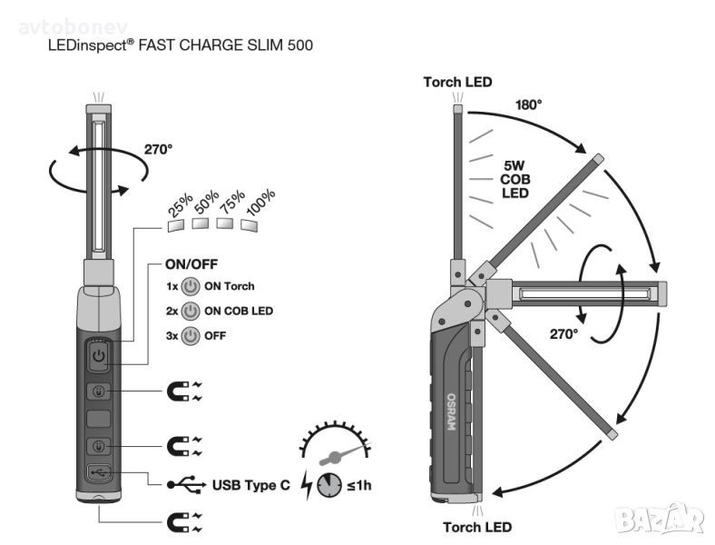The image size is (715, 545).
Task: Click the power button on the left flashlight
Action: pyautogui.click(x=99, y=355)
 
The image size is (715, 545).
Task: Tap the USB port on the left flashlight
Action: pyautogui.click(x=99, y=472)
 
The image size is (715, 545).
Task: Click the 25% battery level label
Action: pyautogui.click(x=180, y=210)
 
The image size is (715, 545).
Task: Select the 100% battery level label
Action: pyautogui.click(x=260, y=204)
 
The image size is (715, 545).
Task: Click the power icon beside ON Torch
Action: pyautogui.click(x=190, y=287)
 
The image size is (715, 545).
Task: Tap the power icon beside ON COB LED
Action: pyautogui.click(x=190, y=312)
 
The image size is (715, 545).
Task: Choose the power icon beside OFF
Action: pyautogui.click(x=190, y=336)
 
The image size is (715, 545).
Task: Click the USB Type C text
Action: pyautogui.click(x=250, y=485)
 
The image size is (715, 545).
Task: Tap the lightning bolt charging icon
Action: pyautogui.click(x=307, y=485)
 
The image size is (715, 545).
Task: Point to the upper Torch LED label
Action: pyautogui.click(x=457, y=83)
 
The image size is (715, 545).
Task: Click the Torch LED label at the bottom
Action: pyautogui.click(x=477, y=527)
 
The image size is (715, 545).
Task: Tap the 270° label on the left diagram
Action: pyautogui.click(x=158, y=149)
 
